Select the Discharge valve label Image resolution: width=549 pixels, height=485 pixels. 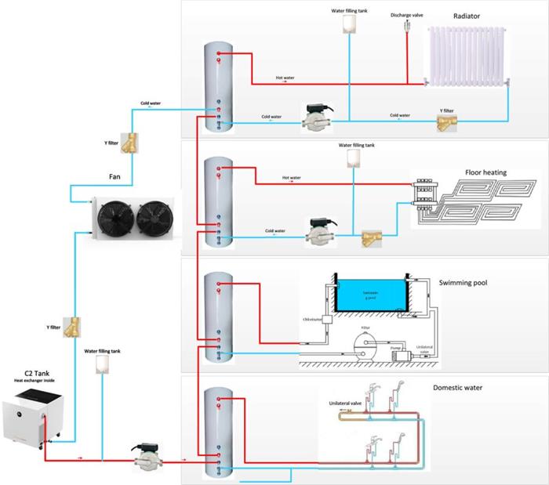[406, 13]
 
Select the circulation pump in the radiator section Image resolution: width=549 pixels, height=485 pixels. [314, 118]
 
